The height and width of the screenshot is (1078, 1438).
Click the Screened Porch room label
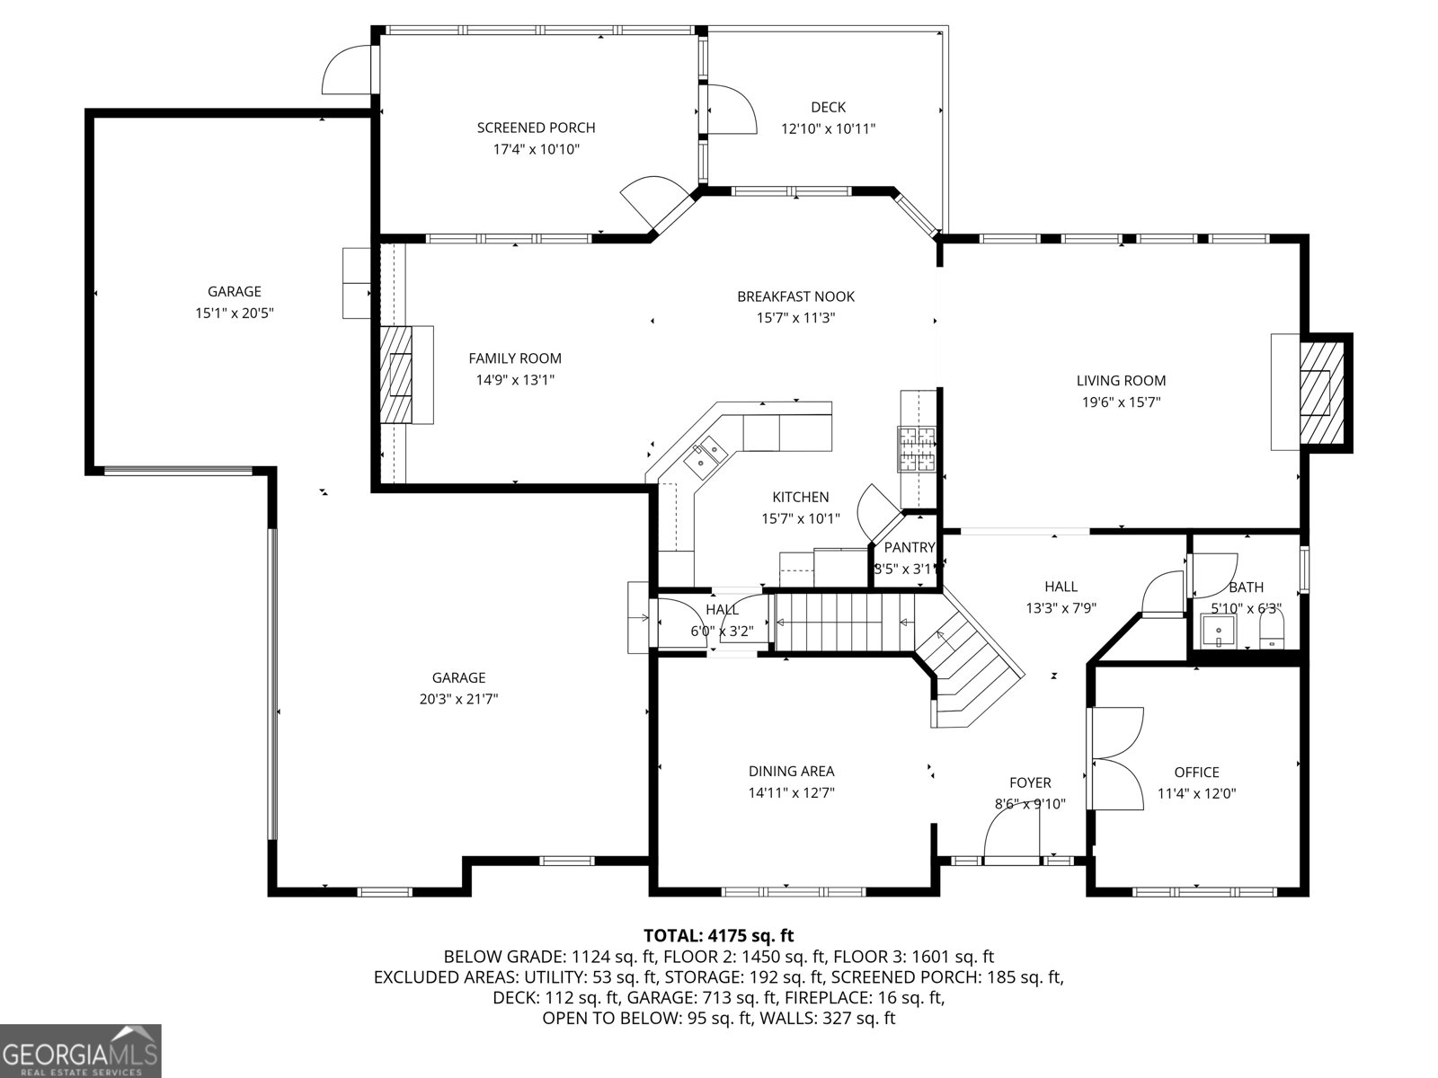click(x=536, y=128)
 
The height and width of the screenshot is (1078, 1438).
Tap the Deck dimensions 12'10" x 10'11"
click(x=828, y=129)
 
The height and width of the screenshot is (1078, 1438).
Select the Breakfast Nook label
click(x=796, y=296)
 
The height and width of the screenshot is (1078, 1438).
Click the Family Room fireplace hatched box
click(x=396, y=375)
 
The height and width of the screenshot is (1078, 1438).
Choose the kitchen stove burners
click(x=917, y=449)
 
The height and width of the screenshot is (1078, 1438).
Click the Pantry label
click(x=910, y=547)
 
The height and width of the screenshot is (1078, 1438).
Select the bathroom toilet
click(x=1273, y=631)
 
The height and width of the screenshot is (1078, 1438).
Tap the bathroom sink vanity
click(x=1218, y=631)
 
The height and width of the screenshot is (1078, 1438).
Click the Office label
click(x=1196, y=773)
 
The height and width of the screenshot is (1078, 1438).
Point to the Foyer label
click(x=1030, y=782)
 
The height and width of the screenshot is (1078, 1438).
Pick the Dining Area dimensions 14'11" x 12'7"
click(x=792, y=793)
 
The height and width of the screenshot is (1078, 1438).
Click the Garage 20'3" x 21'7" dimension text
click(x=458, y=699)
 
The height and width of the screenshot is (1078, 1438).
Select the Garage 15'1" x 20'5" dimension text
click(x=234, y=313)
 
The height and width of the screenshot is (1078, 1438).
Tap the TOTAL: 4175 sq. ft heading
click(x=719, y=935)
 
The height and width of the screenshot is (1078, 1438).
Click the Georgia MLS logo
click(x=81, y=1051)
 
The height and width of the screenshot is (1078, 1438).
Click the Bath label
click(x=1246, y=588)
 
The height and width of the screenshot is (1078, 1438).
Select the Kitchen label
click(x=801, y=498)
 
